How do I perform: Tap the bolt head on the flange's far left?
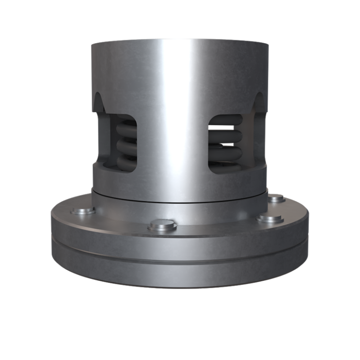83,211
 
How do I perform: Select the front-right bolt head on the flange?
270,218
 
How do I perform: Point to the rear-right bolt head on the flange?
277,199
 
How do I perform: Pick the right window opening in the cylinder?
226,143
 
